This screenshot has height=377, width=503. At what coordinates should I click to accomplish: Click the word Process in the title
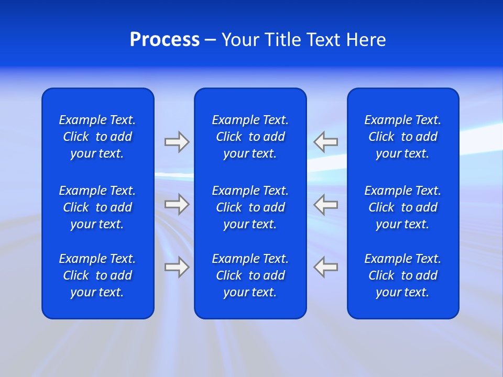pyautogui.click(x=165, y=40)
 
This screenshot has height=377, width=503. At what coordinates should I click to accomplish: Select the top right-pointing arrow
pyautogui.click(x=177, y=142)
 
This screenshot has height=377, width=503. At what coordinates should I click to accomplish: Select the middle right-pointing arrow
pyautogui.click(x=177, y=204)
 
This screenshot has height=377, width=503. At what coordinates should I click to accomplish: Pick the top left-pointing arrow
pyautogui.click(x=326, y=142)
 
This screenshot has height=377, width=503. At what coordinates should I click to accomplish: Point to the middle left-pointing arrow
pyautogui.click(x=326, y=204)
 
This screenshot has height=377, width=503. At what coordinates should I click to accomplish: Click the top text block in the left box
pyautogui.click(x=97, y=137)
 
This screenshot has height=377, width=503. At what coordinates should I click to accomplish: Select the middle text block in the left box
pyautogui.click(x=97, y=207)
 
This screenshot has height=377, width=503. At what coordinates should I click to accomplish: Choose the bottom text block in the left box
pyautogui.click(x=97, y=275)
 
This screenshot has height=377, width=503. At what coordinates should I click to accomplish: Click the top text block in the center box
pyautogui.click(x=250, y=137)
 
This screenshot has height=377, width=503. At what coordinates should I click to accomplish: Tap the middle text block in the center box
pyautogui.click(x=250, y=207)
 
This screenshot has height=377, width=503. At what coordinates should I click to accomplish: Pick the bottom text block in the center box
pyautogui.click(x=250, y=275)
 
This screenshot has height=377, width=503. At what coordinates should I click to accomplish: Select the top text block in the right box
pyautogui.click(x=402, y=137)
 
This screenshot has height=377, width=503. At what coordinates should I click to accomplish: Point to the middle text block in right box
pyautogui.click(x=402, y=207)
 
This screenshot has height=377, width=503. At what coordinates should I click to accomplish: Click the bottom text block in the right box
pyautogui.click(x=402, y=275)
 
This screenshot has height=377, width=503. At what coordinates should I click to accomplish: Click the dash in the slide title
pyautogui.click(x=210, y=40)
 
